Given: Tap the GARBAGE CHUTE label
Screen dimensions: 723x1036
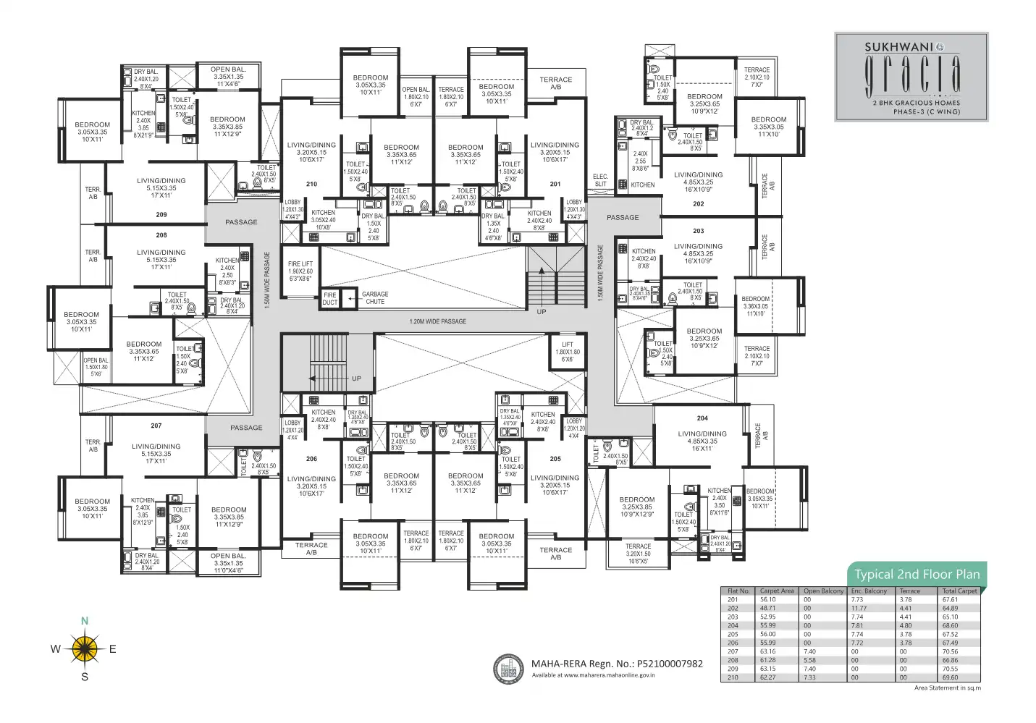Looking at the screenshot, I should click(375, 297).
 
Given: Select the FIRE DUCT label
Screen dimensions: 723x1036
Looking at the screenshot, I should click(330, 298).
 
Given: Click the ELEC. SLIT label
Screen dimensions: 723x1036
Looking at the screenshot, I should click(600, 180).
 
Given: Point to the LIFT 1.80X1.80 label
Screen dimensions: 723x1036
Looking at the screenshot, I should click(568, 352).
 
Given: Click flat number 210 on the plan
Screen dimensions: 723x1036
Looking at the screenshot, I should click(311, 184).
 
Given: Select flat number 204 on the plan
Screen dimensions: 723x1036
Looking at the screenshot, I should click(702, 418).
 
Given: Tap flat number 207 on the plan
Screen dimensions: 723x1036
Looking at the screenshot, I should click(156, 426).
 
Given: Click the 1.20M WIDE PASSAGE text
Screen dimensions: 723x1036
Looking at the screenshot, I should click(438, 321).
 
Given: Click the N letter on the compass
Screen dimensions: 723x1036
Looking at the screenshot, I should click(85, 621).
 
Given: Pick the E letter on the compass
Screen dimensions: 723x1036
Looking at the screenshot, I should click(113, 649).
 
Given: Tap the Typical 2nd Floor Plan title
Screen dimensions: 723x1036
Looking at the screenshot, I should click(917, 575).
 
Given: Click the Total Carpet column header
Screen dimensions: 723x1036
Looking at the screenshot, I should click(959, 591).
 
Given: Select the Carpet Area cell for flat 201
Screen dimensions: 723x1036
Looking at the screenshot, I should click(767, 600).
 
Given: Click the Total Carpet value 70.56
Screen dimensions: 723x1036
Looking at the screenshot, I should click(950, 651).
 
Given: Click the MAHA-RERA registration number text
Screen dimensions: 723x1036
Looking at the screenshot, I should click(617, 664).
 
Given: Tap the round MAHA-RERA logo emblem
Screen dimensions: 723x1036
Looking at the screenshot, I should click(509, 669).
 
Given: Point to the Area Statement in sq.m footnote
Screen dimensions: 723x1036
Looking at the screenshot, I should click(948, 688).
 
